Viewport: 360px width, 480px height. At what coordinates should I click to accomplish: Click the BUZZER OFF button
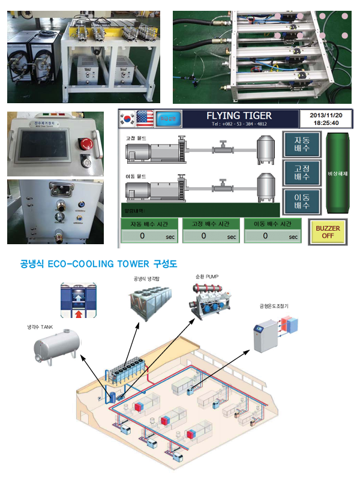tap(327, 232)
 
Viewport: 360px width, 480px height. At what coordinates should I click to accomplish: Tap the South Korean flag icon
tap(127, 116)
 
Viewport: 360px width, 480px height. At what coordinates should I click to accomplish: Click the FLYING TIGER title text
tap(239, 115)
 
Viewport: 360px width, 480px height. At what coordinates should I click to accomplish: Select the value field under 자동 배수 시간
tap(148, 236)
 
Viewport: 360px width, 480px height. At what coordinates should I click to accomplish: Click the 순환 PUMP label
tap(207, 278)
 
